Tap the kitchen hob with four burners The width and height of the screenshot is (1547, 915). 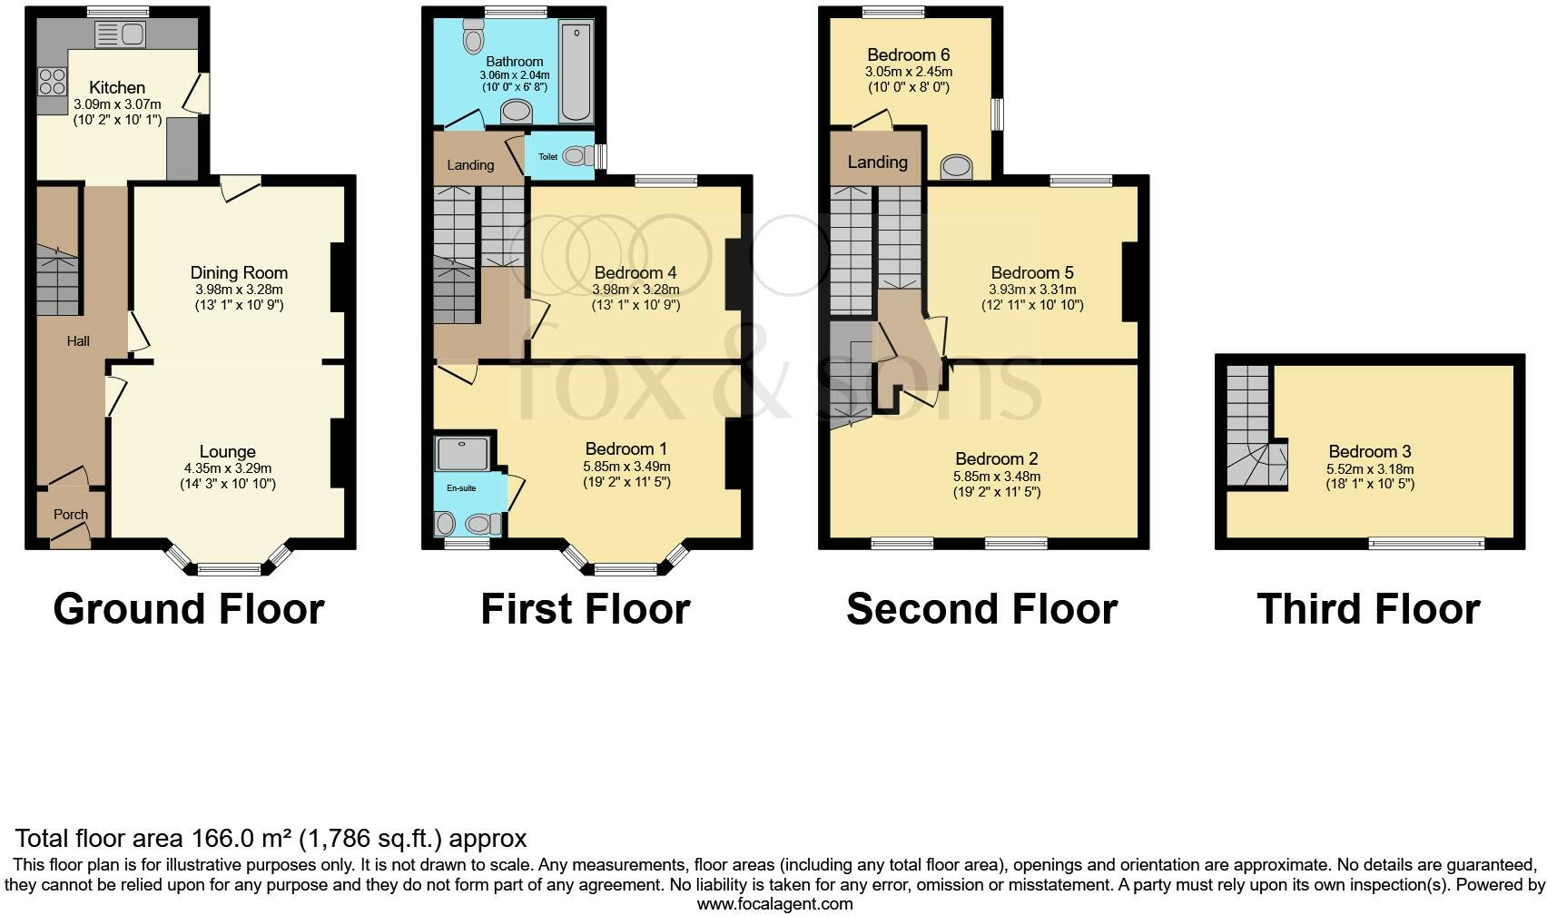click(51, 82)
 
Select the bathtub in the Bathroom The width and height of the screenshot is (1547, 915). click(576, 73)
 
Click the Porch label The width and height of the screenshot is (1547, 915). click(71, 515)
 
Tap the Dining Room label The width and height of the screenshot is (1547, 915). click(239, 272)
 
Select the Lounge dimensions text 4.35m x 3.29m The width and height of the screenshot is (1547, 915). click(227, 468)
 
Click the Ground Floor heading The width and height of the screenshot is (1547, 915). click(189, 609)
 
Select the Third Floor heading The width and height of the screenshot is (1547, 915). click(1368, 609)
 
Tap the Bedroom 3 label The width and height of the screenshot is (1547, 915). click(1369, 451)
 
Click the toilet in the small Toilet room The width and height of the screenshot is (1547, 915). click(575, 156)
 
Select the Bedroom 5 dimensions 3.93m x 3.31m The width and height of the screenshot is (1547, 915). click(1032, 290)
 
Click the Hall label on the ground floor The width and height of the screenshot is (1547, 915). click(78, 341)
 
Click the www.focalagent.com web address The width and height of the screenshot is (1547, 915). click(774, 904)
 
